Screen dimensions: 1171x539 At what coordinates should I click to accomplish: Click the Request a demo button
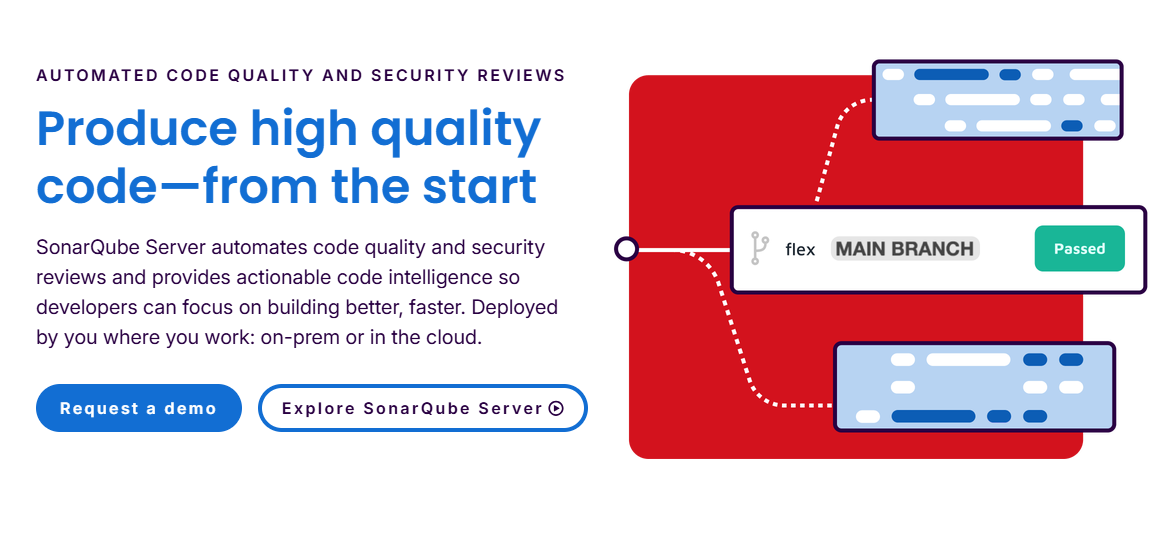click(139, 408)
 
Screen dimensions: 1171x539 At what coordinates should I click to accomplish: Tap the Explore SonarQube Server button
click(423, 408)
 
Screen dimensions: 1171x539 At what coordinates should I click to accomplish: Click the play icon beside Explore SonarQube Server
click(556, 408)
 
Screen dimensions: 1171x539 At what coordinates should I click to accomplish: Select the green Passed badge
click(1079, 249)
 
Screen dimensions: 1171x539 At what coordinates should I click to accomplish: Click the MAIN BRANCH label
click(904, 249)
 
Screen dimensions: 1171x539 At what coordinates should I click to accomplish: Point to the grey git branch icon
click(760, 249)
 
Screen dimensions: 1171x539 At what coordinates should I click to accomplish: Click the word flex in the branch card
click(800, 249)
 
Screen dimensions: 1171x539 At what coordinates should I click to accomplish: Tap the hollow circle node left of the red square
click(626, 249)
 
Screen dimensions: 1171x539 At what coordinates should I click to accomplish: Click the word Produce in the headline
click(136, 128)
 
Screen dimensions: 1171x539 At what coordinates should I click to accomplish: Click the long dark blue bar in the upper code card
click(951, 75)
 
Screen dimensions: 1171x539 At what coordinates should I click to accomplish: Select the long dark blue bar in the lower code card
click(934, 416)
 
